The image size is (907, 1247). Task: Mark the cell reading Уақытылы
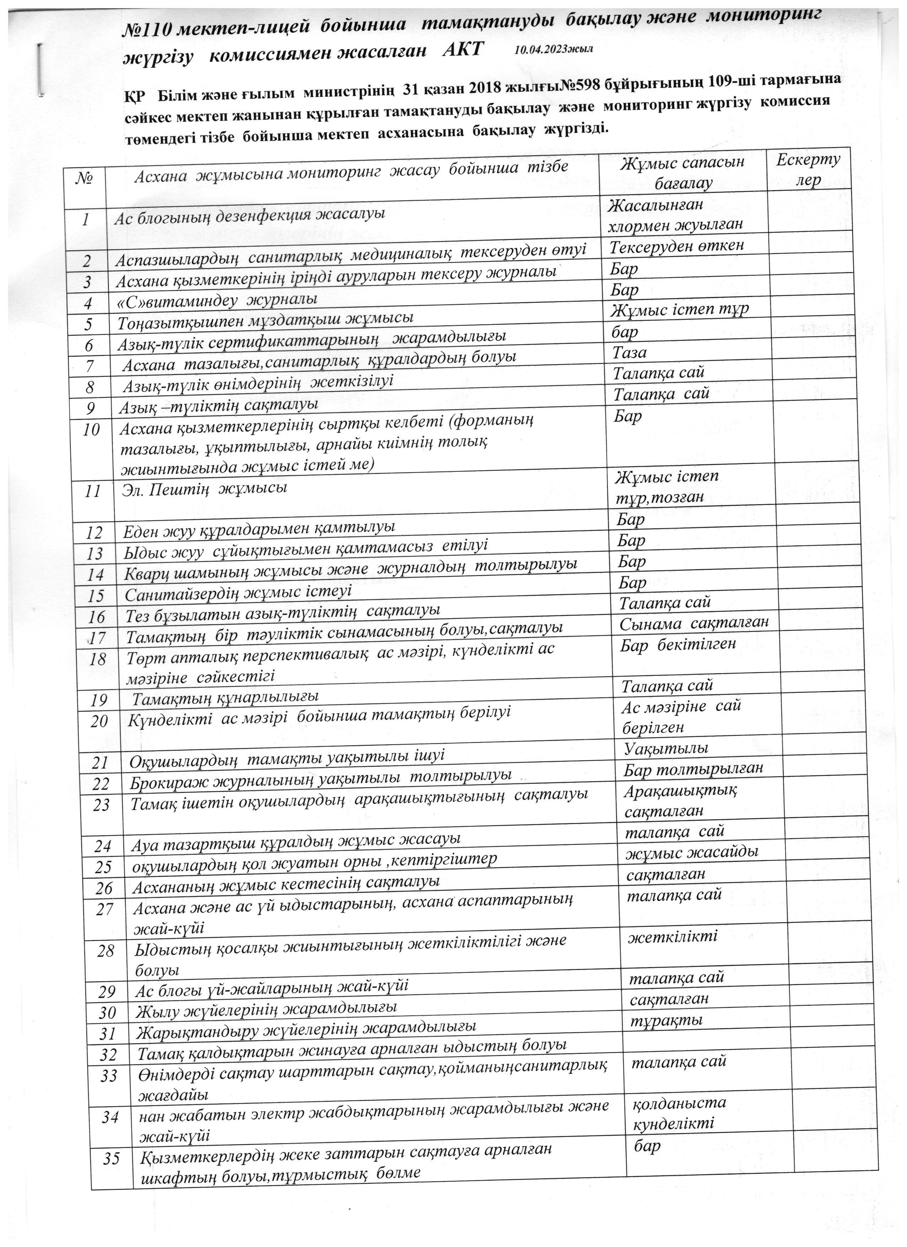point(666,748)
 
